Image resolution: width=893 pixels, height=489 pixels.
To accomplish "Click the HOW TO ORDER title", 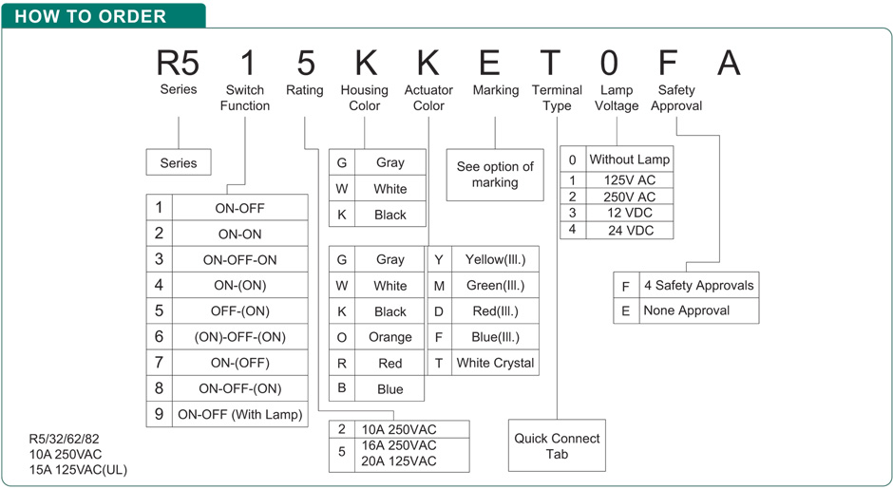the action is pos(90,16).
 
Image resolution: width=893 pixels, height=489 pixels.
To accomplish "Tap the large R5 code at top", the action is pos(178,63).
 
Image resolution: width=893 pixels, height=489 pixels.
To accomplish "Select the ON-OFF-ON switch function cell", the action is pos(239,260).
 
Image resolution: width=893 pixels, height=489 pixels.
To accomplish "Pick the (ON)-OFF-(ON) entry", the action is pos(239,337).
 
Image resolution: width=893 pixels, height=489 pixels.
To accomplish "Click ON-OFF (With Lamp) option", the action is pos(239,414).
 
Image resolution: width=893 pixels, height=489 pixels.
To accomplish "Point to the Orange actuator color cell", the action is pos(390,337).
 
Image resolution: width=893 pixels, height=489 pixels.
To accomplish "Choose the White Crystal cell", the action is pos(495,364).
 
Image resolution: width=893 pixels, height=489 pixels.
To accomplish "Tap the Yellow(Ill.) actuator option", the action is pos(495,259).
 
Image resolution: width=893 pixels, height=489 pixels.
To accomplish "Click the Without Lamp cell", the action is pos(629,160).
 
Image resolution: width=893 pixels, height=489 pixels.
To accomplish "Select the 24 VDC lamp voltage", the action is pos(629,230).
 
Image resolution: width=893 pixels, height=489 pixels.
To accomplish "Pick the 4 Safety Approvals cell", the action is pos(699,285).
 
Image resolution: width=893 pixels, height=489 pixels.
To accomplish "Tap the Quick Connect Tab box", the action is pos(557,445).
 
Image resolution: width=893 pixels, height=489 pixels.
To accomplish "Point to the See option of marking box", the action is pos(495,175).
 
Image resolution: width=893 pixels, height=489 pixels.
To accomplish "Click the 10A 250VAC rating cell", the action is pos(399,429).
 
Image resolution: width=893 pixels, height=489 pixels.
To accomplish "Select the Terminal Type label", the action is pos(557,98).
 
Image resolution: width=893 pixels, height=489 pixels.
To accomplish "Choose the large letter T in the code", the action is pos(550,63).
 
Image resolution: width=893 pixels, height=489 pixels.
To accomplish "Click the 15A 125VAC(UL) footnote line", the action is pos(78,470).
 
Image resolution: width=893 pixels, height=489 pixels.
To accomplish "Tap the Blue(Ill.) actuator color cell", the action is pos(495,337).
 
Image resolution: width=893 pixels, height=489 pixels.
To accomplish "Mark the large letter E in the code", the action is pos(490,63).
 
